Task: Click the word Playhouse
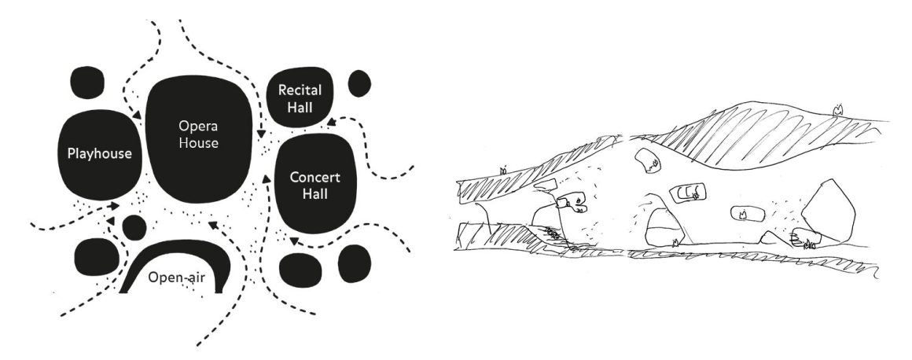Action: point(100,154)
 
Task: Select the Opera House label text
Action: point(199,134)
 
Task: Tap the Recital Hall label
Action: point(300,99)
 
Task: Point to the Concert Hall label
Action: point(314,185)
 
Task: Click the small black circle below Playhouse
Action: point(134,227)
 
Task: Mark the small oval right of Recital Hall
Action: point(359,84)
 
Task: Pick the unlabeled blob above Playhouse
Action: point(87,83)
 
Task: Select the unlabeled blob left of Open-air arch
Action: point(97,256)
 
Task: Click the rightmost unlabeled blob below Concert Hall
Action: point(355,264)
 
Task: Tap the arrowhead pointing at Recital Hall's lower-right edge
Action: point(331,122)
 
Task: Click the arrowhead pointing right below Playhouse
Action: point(115,206)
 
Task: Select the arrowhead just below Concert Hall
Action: point(294,241)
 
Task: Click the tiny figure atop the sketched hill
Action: point(837,108)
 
